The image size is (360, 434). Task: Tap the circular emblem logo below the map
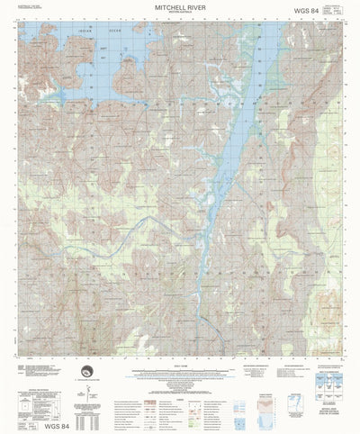[87, 373]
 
